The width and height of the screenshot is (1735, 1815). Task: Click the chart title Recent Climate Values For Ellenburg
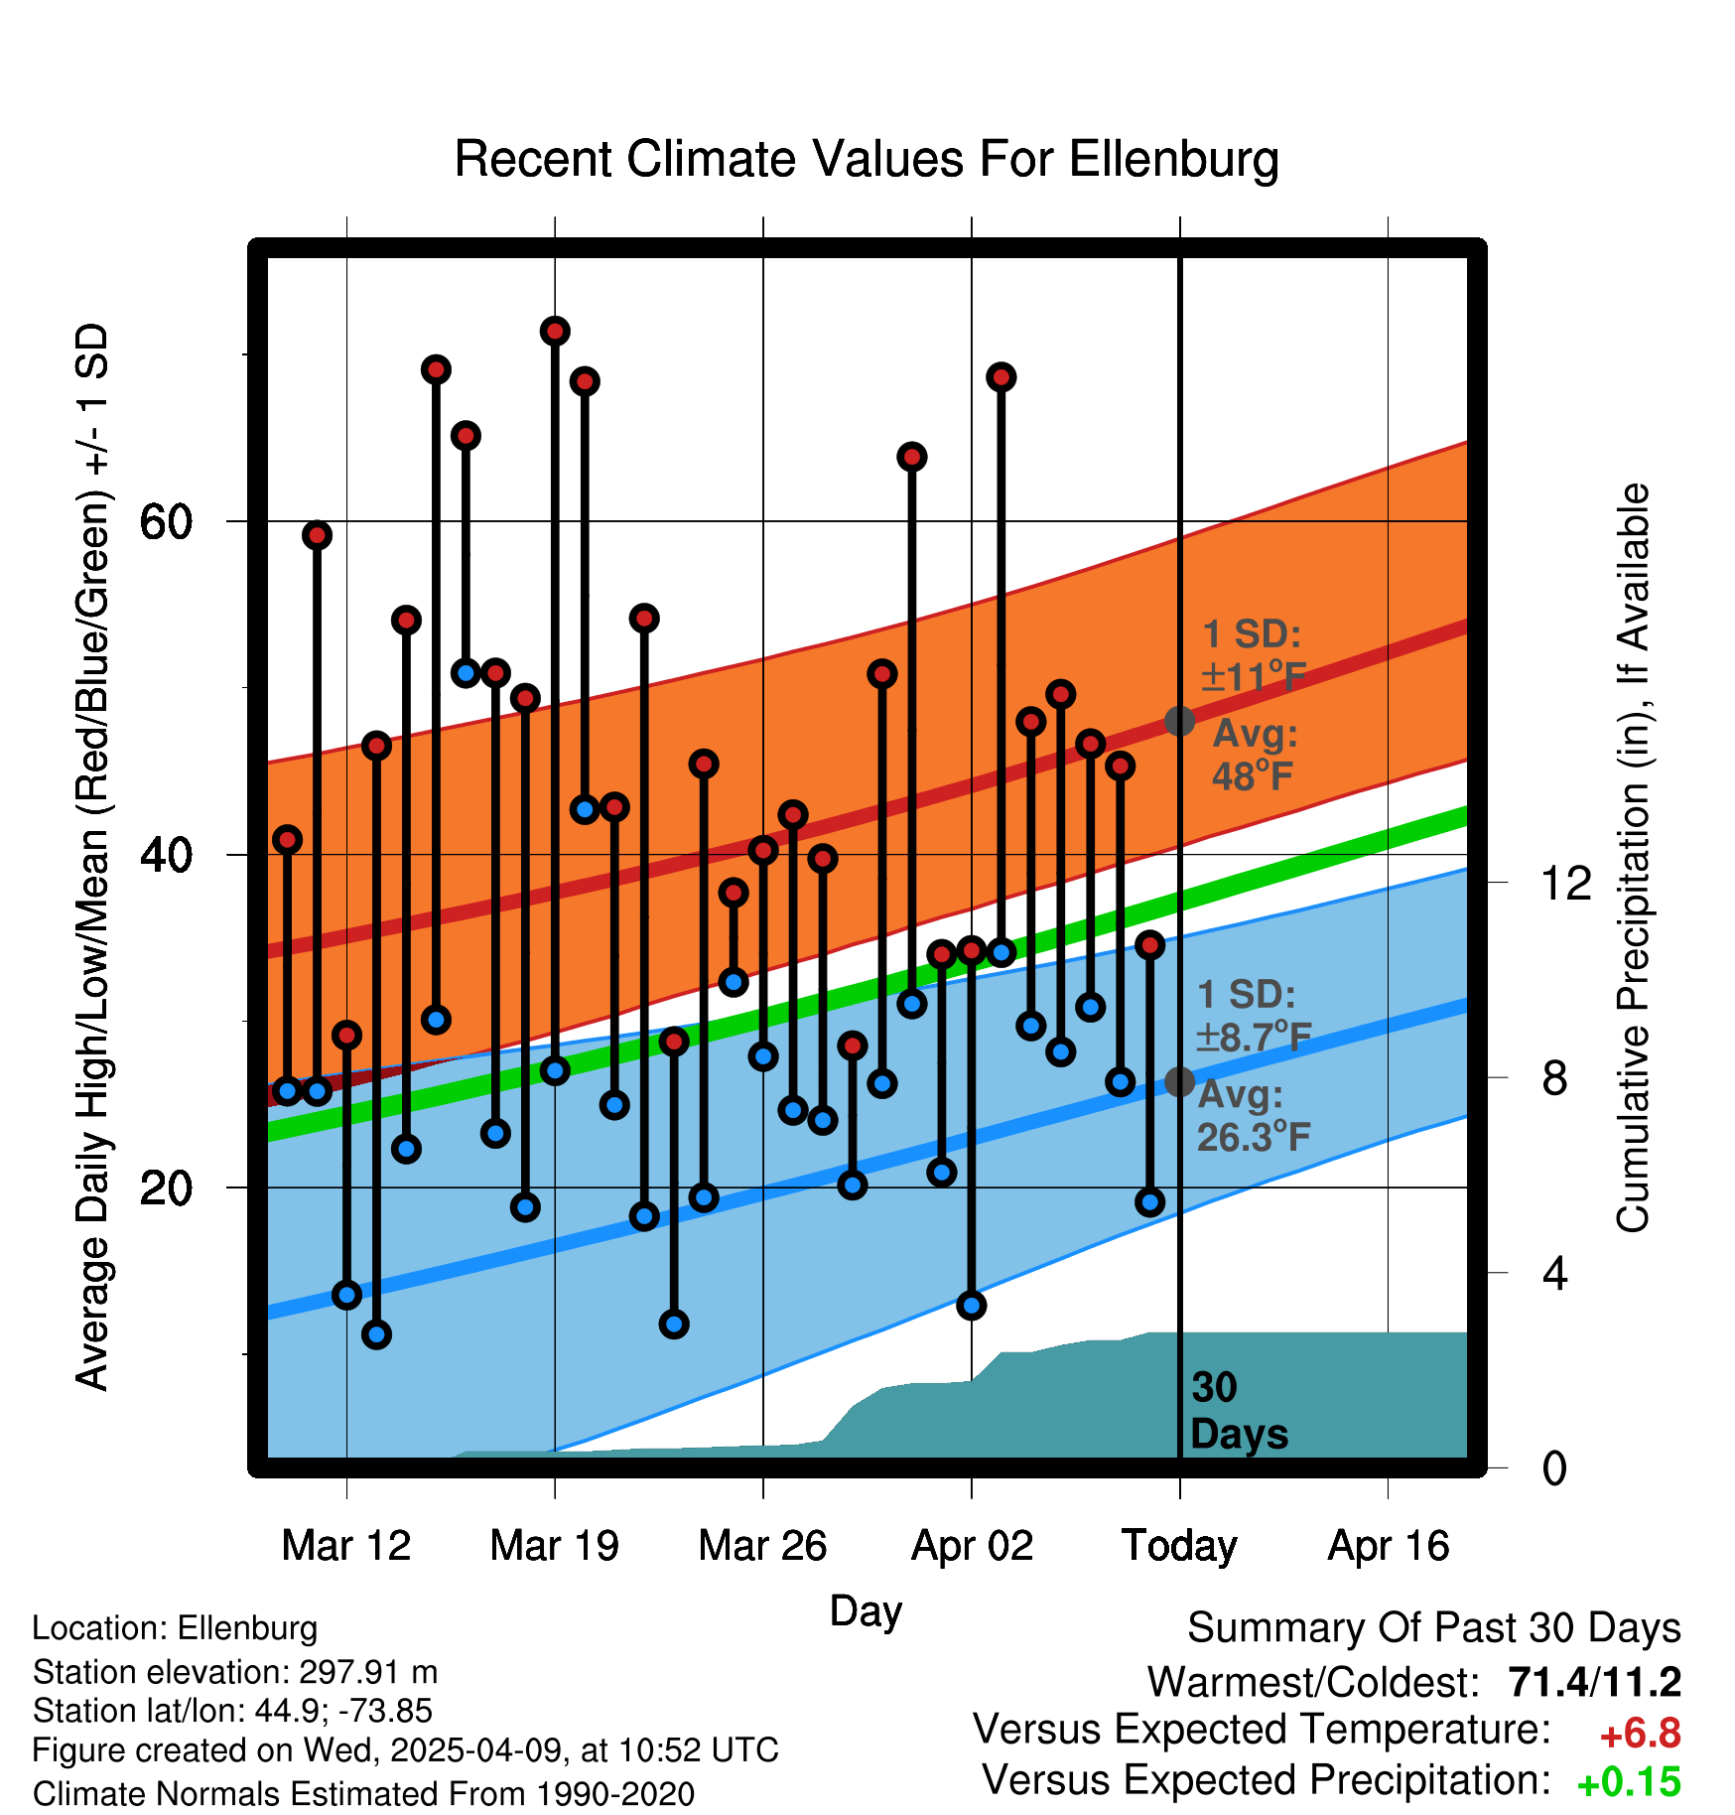coord(867,159)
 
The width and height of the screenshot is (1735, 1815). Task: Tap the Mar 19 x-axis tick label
coord(554,1546)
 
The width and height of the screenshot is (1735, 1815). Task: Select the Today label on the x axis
coord(1179,1546)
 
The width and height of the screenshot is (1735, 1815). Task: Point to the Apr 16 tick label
coord(1389,1546)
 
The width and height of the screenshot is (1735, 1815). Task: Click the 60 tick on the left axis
coord(167,521)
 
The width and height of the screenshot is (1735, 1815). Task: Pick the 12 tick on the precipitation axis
coord(1566,883)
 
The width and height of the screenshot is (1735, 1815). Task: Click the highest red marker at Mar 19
coord(555,332)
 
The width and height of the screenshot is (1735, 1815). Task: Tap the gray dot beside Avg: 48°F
coord(1179,721)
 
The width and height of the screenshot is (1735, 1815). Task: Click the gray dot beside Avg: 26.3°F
coord(1179,1081)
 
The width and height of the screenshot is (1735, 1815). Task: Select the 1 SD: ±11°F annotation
coord(1253,655)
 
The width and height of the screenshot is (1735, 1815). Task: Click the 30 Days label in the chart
coord(1238,1411)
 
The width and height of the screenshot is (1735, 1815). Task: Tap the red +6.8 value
coord(1640,1734)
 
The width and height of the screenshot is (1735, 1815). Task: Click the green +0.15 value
coord(1629,1782)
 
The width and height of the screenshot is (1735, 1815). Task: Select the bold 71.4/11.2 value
coord(1594,1682)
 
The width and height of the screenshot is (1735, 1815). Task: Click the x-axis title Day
coord(866,1610)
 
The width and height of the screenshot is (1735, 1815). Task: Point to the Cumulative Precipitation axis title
coord(1632,858)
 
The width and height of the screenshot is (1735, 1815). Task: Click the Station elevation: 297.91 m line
coord(235,1672)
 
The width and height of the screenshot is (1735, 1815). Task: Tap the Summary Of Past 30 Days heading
coord(1433,1628)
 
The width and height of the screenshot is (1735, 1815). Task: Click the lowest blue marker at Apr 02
coord(972,1306)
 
